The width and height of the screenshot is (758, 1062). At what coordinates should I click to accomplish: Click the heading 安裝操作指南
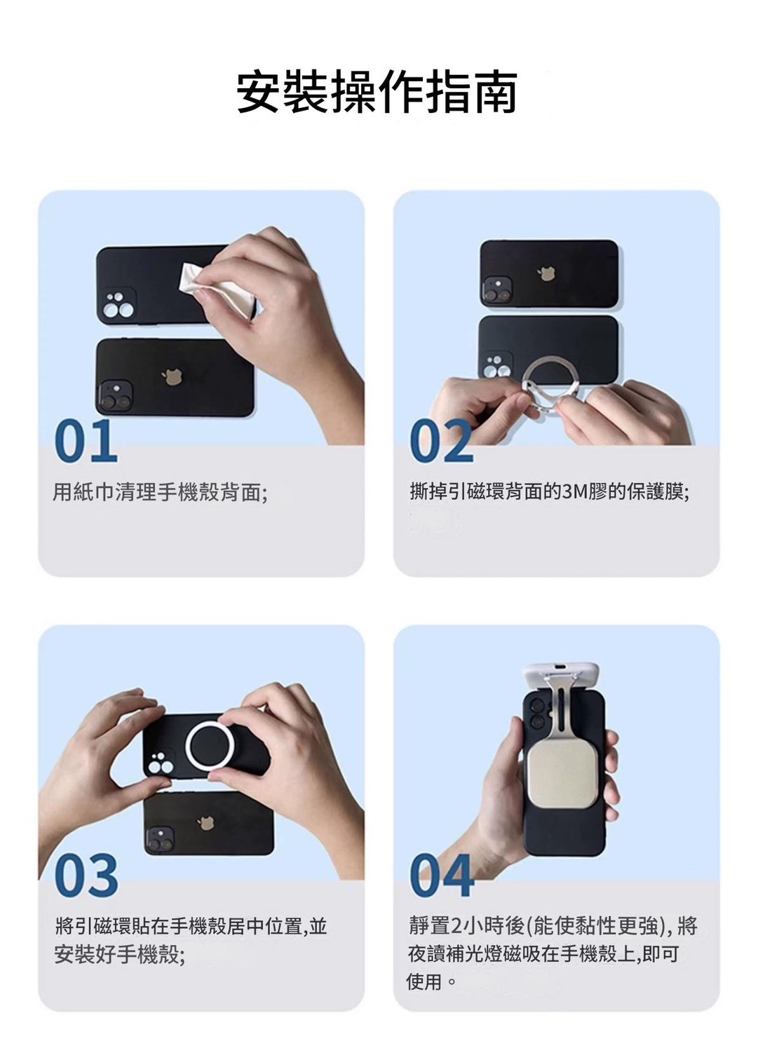click(377, 92)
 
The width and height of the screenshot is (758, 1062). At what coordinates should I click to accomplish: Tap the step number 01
click(86, 442)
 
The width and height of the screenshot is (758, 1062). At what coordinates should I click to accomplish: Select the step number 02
click(442, 442)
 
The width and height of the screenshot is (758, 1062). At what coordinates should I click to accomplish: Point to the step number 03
click(86, 876)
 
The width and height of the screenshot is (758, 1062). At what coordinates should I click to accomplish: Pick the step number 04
click(442, 876)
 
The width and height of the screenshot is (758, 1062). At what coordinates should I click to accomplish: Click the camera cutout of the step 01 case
click(116, 305)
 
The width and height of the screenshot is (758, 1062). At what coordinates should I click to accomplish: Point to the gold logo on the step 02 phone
click(547, 273)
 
